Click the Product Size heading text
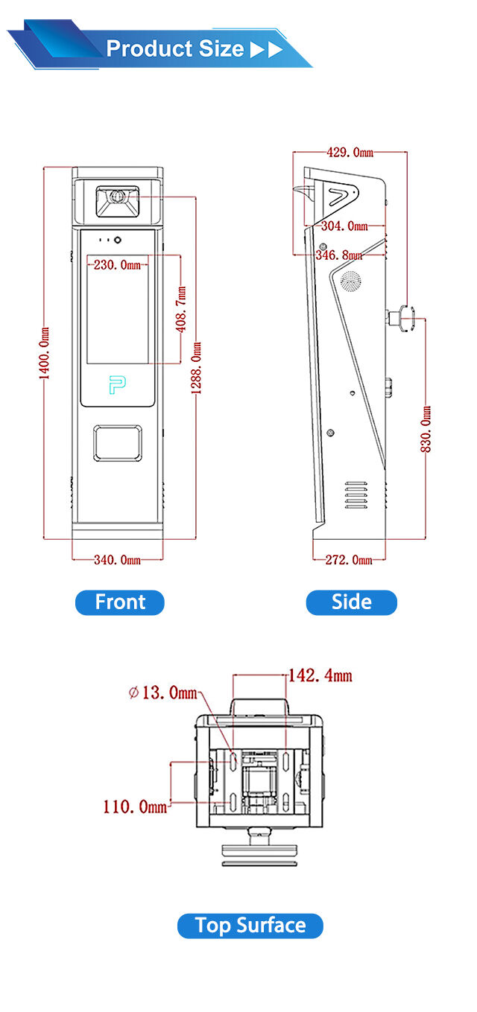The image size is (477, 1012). click(x=175, y=49)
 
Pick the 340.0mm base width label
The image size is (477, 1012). click(x=117, y=559)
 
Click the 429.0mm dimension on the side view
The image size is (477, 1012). click(x=350, y=153)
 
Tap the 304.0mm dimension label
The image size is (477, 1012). click(x=344, y=226)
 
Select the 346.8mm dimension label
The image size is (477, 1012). click(x=339, y=255)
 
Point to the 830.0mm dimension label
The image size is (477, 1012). click(x=426, y=429)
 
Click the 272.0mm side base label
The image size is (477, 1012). click(x=349, y=559)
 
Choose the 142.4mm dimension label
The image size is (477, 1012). click(x=320, y=676)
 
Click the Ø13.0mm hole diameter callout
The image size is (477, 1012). click(x=162, y=693)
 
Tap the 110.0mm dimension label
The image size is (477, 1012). click(x=135, y=806)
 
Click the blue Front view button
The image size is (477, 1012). click(x=119, y=602)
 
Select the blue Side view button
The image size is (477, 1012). click(x=351, y=602)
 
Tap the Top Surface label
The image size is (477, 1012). click(x=250, y=926)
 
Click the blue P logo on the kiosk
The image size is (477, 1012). click(x=118, y=385)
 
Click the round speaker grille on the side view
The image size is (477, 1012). click(x=349, y=281)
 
